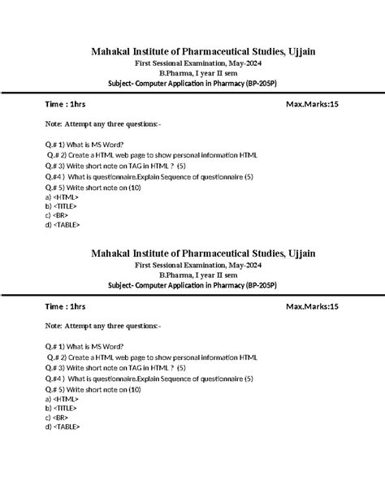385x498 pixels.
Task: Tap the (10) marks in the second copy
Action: click(x=134, y=389)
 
